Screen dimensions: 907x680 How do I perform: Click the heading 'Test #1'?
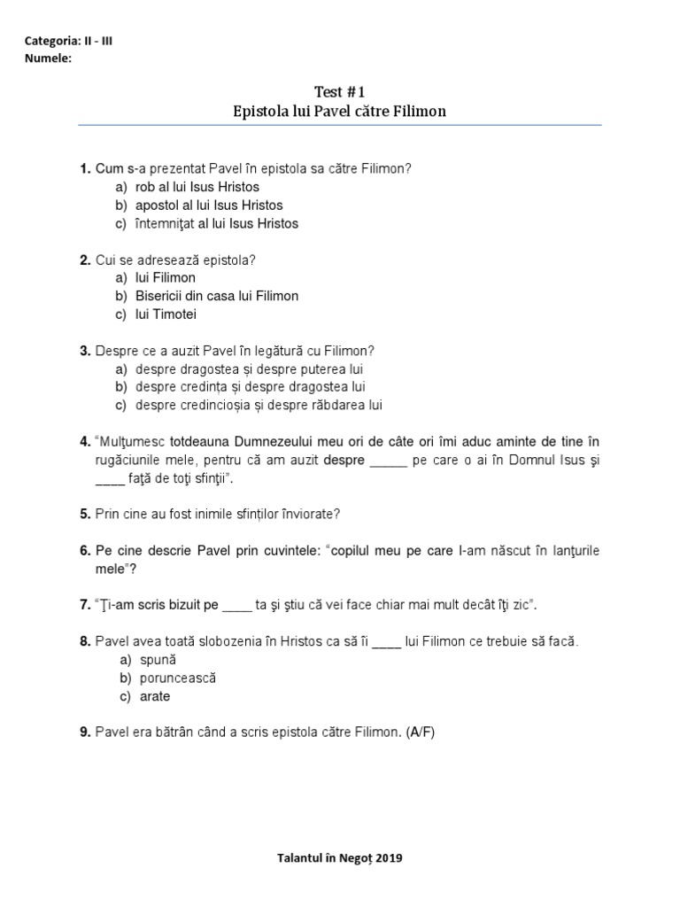click(x=339, y=92)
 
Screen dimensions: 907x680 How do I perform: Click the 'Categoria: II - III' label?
click(x=70, y=41)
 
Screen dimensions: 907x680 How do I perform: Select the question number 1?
click(x=85, y=168)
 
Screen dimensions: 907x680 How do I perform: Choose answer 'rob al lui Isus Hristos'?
click(x=197, y=187)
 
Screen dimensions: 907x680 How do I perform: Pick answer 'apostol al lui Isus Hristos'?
click(x=209, y=205)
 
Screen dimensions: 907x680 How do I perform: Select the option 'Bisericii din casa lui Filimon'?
click(x=217, y=296)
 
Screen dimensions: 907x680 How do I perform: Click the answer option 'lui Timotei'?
click(x=166, y=314)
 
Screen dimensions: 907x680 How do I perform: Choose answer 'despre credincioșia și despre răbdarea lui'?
click(x=259, y=405)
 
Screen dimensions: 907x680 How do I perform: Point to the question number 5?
click(x=85, y=514)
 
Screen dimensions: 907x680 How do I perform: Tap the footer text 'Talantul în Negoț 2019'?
click(x=339, y=858)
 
